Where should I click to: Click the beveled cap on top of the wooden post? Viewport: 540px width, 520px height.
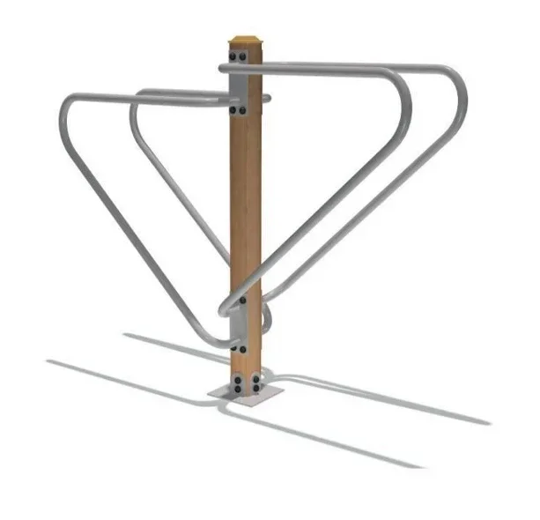pyautogui.click(x=247, y=41)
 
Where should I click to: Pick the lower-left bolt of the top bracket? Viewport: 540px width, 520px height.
pyautogui.click(x=233, y=111)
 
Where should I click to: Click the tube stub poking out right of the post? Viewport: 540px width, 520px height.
pyautogui.click(x=267, y=98)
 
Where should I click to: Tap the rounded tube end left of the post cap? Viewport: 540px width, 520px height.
pyautogui.click(x=223, y=68)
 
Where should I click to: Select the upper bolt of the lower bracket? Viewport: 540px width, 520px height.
pyautogui.click(x=242, y=300)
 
